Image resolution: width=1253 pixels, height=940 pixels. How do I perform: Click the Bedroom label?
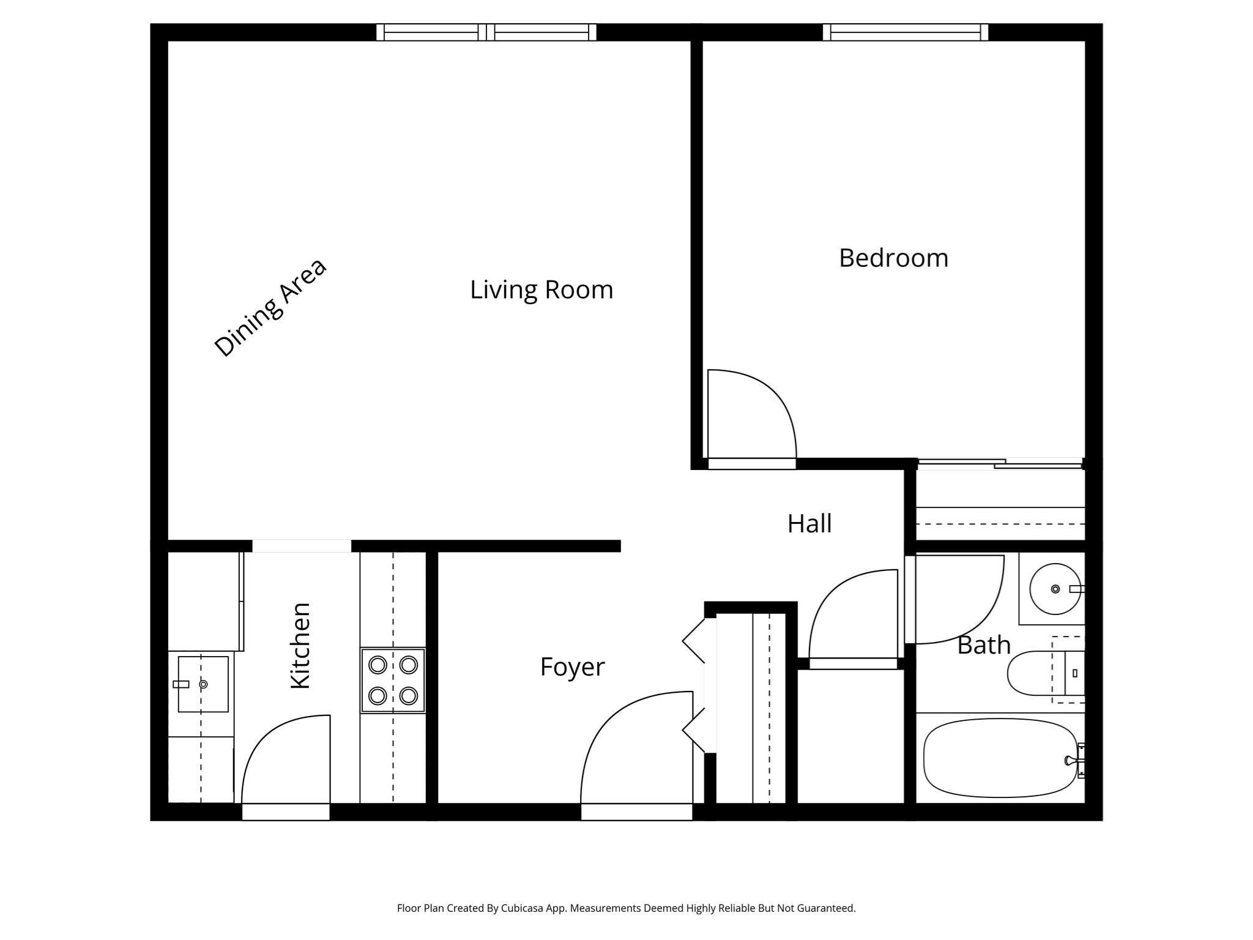pos(893,258)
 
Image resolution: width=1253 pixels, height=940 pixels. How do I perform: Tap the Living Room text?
pos(541,289)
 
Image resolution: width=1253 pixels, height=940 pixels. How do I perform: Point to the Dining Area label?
pos(270,308)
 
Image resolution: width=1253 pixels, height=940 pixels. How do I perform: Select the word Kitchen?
pos(300,646)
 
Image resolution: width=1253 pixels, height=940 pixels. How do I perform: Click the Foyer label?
pos(572,666)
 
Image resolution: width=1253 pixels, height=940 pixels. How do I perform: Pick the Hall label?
pos(809,524)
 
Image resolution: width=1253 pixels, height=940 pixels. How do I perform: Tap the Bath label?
pos(983,645)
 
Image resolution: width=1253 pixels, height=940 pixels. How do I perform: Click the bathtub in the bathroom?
pos(1000,758)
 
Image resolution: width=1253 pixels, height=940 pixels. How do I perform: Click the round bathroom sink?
pos(1055,589)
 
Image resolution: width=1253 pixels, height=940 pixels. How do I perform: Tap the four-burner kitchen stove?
pos(393,680)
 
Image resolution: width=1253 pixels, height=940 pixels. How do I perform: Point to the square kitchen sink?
pos(203,684)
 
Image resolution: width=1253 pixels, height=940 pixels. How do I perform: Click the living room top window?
pos(486,32)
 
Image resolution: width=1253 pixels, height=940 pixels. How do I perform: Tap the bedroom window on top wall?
pos(905,32)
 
